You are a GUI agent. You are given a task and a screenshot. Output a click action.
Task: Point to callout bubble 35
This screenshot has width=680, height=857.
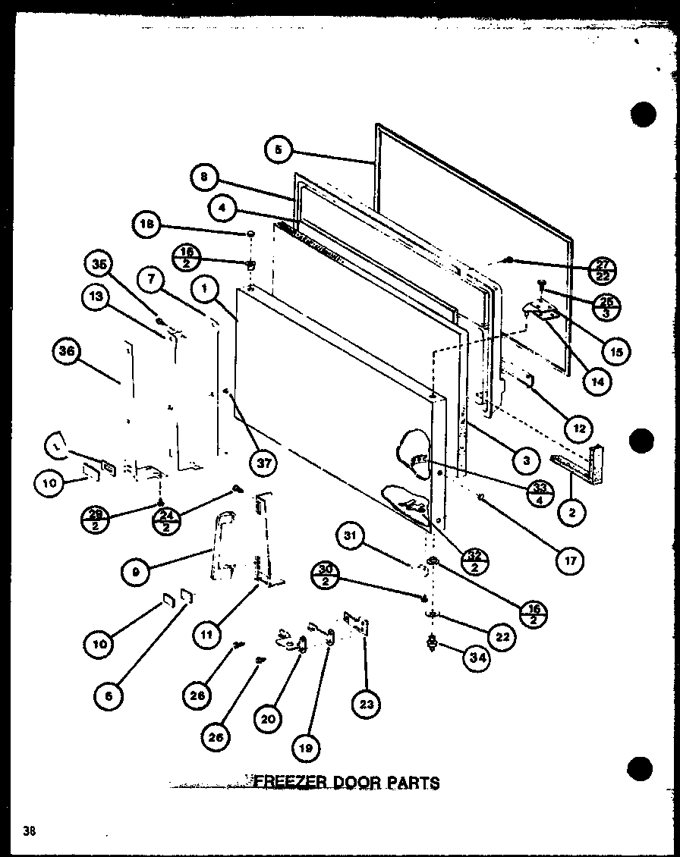point(97,265)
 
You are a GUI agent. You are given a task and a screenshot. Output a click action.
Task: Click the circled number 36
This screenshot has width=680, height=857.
point(67,351)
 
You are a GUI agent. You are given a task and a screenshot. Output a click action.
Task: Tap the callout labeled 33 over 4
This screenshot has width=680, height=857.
point(540,494)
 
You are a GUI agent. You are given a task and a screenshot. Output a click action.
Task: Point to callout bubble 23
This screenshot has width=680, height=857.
point(367,705)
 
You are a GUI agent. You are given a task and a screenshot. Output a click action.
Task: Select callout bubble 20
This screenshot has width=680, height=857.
point(267,720)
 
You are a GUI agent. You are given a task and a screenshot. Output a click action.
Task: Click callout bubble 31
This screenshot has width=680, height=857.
point(348,538)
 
